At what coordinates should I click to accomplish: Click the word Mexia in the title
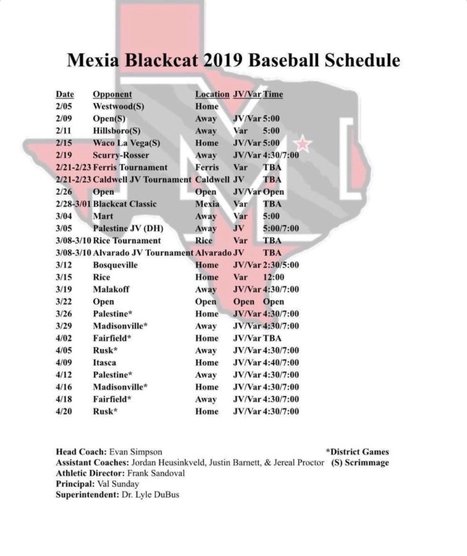point(97,61)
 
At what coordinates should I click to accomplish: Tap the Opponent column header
point(112,95)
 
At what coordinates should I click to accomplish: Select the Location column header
point(212,95)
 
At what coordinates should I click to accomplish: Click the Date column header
point(65,95)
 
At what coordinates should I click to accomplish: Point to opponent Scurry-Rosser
point(121,155)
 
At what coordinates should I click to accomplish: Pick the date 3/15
point(64,277)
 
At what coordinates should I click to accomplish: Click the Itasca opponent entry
point(106,363)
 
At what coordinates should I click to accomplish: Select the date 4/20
point(64,411)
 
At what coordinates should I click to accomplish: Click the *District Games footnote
point(357,452)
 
